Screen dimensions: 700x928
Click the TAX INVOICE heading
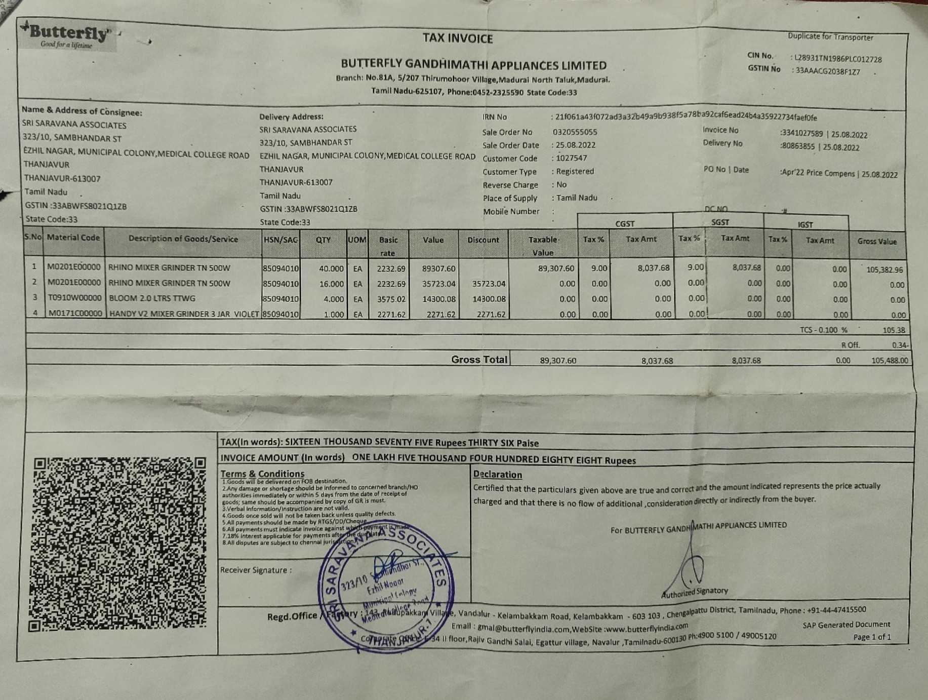point(458,38)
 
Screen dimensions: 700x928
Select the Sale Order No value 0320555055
point(575,132)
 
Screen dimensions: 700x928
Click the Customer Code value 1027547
point(571,158)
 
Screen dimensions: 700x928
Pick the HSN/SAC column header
point(280,240)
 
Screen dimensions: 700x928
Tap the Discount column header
point(483,240)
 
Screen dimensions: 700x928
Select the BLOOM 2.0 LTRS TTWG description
point(152,298)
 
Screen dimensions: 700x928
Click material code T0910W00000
point(74,298)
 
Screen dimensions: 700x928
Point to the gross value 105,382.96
point(884,270)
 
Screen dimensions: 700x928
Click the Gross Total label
point(479,360)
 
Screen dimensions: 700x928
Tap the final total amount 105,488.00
point(890,361)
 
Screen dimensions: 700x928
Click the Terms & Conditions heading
point(262,474)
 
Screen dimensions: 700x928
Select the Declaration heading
point(497,475)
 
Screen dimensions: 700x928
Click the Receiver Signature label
point(256,570)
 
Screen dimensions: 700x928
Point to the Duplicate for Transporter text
point(830,37)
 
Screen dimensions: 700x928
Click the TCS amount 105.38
point(893,330)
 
